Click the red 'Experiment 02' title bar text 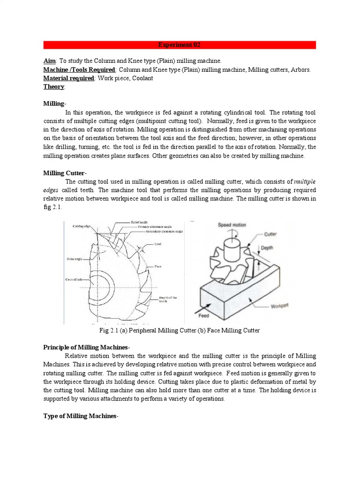[180, 45]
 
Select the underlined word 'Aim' [49, 61]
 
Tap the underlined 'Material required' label [68, 78]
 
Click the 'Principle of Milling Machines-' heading [86, 347]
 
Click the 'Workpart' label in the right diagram [280, 307]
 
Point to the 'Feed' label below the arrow [203, 316]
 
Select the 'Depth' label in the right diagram [267, 247]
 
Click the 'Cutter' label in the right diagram [270, 233]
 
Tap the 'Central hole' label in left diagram [74, 279]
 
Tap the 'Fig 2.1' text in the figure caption [110, 330]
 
